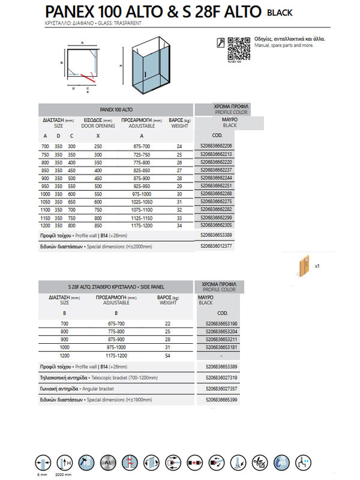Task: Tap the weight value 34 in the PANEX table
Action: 179,226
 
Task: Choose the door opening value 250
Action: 98,146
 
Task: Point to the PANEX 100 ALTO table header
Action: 116,110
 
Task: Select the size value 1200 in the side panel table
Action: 64,355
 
